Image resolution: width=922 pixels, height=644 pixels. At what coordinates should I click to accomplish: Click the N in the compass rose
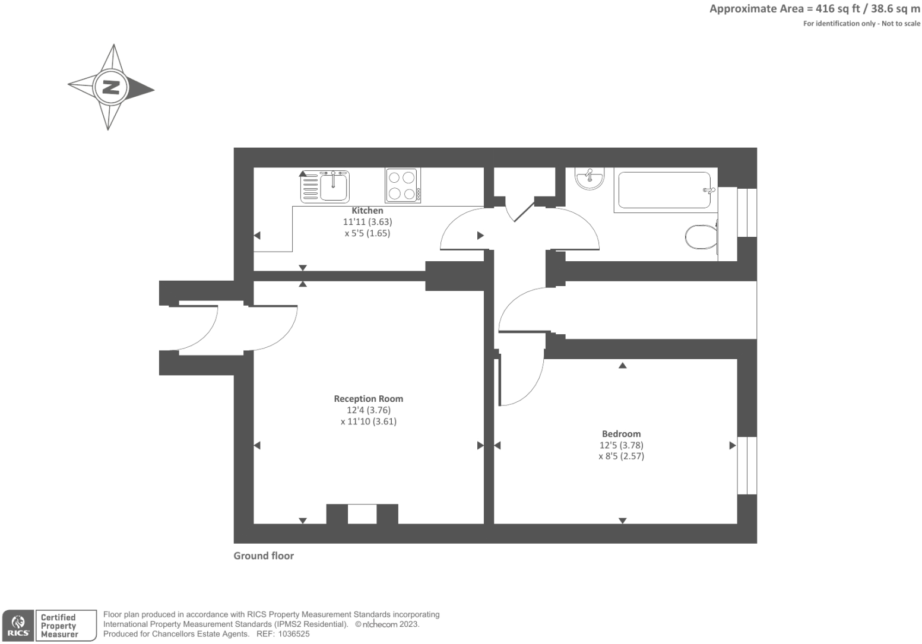tap(110, 87)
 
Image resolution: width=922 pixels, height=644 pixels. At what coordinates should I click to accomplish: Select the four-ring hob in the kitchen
tap(401, 185)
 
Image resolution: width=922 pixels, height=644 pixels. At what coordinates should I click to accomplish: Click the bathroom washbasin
tap(590, 178)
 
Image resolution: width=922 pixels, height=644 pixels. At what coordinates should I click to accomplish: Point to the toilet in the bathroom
tap(701, 237)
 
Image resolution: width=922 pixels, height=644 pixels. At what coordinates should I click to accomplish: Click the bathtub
tap(664, 191)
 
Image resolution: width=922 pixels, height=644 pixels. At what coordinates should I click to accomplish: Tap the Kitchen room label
tap(367, 211)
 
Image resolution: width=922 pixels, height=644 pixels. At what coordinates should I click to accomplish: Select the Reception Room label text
tap(368, 399)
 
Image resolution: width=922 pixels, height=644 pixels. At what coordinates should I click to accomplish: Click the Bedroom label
tap(621, 434)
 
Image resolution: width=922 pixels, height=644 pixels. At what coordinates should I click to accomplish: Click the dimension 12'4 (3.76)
tap(369, 410)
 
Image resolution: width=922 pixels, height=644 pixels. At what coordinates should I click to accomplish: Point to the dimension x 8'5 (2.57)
tap(621, 456)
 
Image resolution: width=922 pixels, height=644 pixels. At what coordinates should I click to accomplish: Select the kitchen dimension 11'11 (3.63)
tap(367, 222)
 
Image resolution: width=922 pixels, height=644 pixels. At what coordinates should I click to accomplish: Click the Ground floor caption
tap(264, 556)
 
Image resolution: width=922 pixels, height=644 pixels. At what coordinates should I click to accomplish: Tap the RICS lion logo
tap(17, 625)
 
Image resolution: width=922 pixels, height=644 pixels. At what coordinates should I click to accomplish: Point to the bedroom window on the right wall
tap(747, 466)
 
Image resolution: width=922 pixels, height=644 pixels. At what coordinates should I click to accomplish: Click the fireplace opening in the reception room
tap(362, 514)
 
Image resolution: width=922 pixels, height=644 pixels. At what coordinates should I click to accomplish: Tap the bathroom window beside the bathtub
tap(747, 212)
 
